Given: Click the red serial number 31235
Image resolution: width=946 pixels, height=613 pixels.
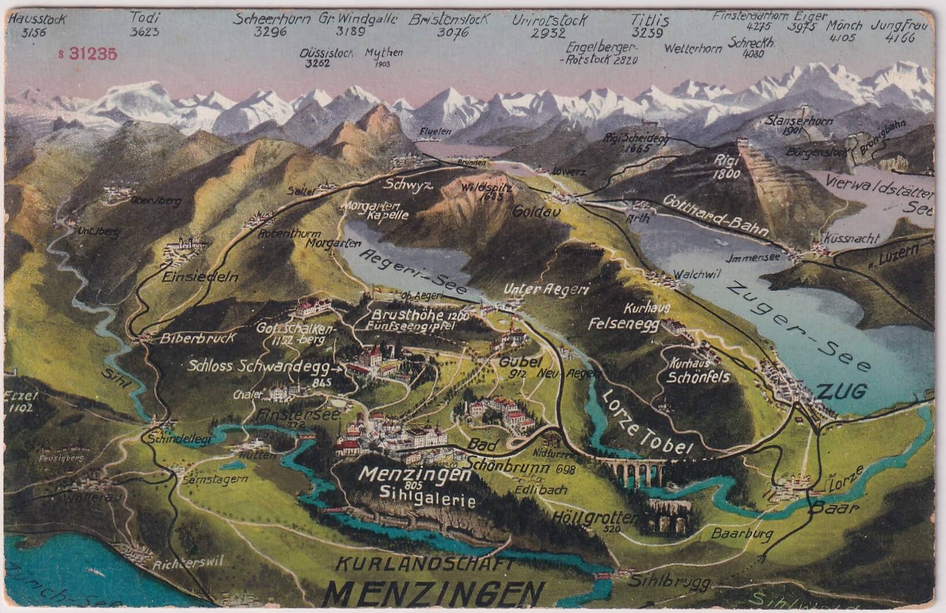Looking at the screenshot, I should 92,54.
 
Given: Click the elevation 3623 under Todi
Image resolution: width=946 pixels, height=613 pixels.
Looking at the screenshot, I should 145,32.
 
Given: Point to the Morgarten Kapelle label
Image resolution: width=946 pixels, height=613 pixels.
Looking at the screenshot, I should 377,210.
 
